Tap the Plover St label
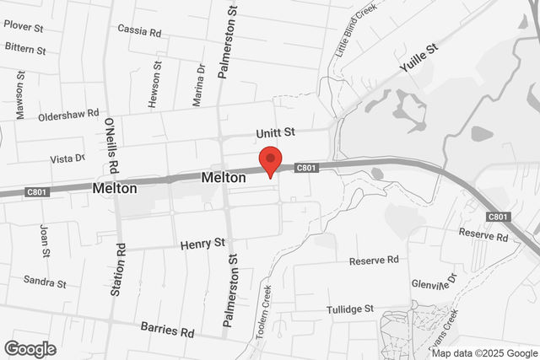coord(23,26)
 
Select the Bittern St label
coord(25,49)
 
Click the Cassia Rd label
coord(139,31)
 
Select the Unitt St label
coord(276,133)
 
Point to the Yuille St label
coord(419,61)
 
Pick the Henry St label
coord(202,244)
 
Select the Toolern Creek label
coord(264,311)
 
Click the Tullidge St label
coord(350,310)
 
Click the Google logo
coord(30,349)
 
